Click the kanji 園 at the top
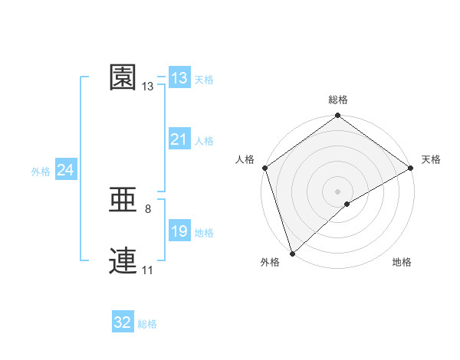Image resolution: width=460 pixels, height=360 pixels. pyautogui.click(x=123, y=78)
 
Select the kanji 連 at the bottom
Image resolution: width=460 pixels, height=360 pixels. pyautogui.click(x=123, y=261)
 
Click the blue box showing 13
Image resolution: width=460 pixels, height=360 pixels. pyautogui.click(x=179, y=78)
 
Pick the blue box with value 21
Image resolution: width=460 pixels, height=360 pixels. pyautogui.click(x=179, y=139)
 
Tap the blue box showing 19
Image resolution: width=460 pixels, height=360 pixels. pyautogui.click(x=179, y=231)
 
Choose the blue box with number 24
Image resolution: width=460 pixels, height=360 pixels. pyautogui.click(x=66, y=170)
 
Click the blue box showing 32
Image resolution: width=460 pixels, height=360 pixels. pyautogui.click(x=123, y=322)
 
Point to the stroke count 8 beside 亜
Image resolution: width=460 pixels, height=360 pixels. pyautogui.click(x=148, y=208)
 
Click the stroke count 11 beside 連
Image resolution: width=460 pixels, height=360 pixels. pyautogui.click(x=148, y=270)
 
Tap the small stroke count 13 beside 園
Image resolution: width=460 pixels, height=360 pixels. pyautogui.click(x=148, y=87)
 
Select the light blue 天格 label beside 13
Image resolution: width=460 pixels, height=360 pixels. pyautogui.click(x=204, y=80)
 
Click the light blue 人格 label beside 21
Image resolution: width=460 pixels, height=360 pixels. pyautogui.click(x=204, y=141)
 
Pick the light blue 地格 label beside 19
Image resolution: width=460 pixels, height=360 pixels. pyautogui.click(x=204, y=233)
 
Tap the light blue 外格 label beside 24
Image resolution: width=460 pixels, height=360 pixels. pyautogui.click(x=41, y=172)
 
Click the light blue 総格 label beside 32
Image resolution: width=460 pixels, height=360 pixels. pyautogui.click(x=147, y=324)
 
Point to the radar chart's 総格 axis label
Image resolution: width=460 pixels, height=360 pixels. pyautogui.click(x=338, y=100)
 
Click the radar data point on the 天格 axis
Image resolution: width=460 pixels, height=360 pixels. pyautogui.click(x=411, y=168)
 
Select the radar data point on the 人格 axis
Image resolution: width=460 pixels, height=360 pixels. pyautogui.click(x=264, y=168)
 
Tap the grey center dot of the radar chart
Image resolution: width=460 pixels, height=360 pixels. pyautogui.click(x=338, y=191)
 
